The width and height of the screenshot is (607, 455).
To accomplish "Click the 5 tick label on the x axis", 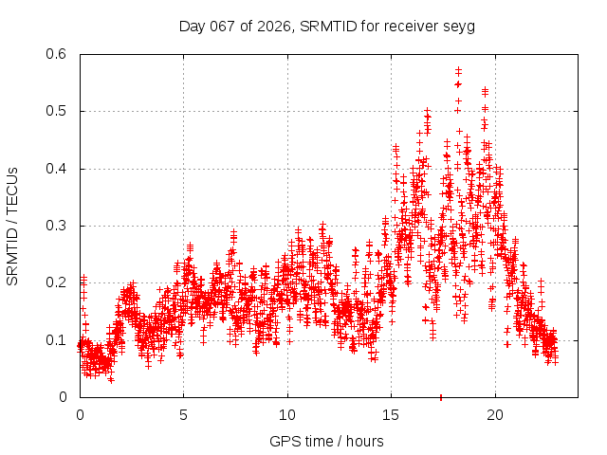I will point(184,414).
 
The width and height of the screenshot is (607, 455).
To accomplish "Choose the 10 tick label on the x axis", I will point(287,414).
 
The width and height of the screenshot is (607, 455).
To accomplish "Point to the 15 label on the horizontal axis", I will point(391,414).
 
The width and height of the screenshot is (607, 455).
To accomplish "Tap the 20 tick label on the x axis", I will point(494,414).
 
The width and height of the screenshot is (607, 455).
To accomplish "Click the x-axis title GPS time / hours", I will point(326,441).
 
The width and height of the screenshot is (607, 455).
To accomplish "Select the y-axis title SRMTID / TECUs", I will point(12,226).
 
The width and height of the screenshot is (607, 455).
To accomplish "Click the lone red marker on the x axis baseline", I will point(440,397).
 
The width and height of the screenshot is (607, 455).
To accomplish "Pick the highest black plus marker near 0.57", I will point(458,70).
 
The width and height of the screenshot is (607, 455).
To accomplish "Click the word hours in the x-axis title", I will point(364,441).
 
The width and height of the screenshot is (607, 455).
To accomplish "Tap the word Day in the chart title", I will point(191,27).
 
